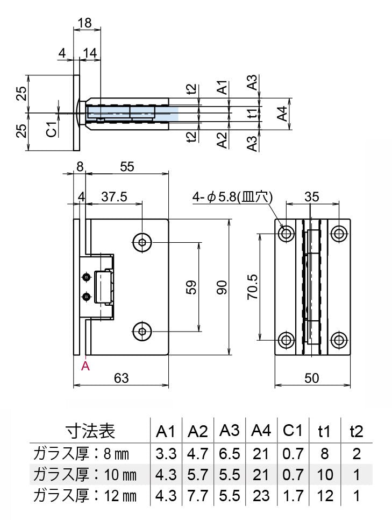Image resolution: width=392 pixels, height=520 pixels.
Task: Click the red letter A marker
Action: point(85,367)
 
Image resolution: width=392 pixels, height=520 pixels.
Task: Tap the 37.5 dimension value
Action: point(114,197)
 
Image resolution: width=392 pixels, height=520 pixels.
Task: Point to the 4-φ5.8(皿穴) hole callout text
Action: point(233,198)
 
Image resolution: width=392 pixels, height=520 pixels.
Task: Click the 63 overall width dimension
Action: point(122,378)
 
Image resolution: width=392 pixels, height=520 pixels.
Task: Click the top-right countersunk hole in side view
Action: point(338,233)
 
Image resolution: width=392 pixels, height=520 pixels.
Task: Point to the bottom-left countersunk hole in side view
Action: point(286,340)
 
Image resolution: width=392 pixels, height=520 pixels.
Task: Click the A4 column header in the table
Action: point(261,431)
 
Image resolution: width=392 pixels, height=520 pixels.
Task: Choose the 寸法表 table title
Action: point(90,431)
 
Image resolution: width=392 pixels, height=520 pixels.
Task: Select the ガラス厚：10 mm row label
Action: point(84,475)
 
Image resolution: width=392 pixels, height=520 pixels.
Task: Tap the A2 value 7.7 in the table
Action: point(197,496)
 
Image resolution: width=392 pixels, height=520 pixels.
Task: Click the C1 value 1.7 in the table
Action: point(293,496)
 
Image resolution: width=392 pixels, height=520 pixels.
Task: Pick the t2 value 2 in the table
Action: point(356,454)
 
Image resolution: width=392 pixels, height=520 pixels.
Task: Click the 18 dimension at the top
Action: point(85,23)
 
